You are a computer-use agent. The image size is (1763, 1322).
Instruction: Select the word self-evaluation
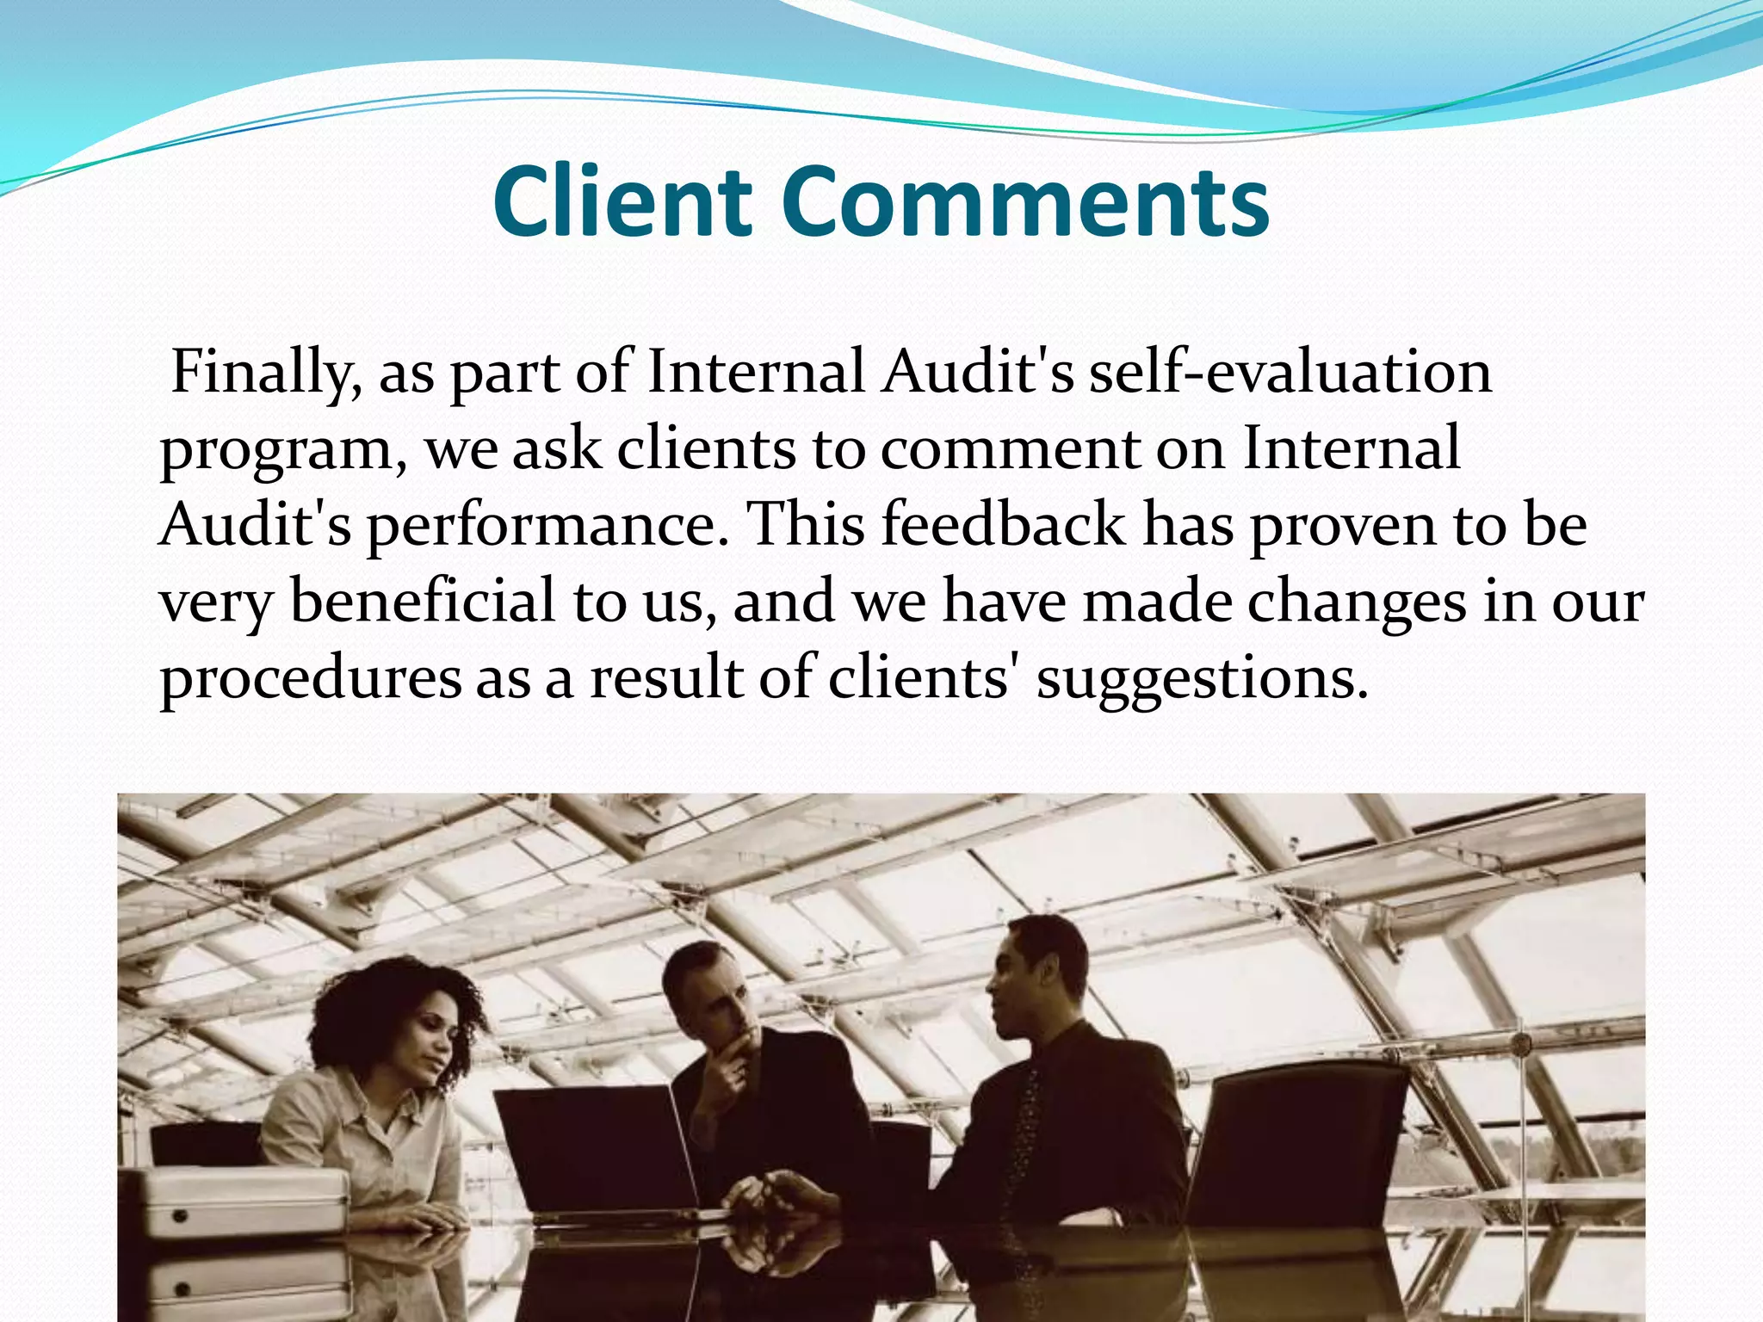click(x=1289, y=372)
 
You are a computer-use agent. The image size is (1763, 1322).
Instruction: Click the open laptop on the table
click(x=594, y=1145)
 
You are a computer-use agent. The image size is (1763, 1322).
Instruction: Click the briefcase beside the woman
click(x=232, y=1205)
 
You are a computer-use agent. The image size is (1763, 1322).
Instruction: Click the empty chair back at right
click(x=1300, y=1136)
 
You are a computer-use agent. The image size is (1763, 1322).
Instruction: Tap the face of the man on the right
click(x=1016, y=981)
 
